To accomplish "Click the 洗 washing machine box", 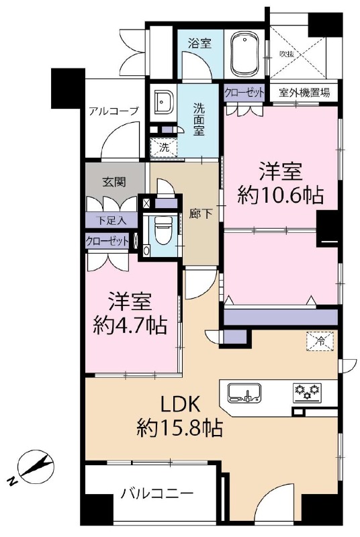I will [x=163, y=147].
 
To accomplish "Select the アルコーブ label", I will [x=114, y=111].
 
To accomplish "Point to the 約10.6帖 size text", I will [x=281, y=195].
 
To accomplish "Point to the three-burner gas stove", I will [x=308, y=391].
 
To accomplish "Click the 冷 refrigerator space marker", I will [x=320, y=342].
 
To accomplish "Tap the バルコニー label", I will [x=156, y=497].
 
